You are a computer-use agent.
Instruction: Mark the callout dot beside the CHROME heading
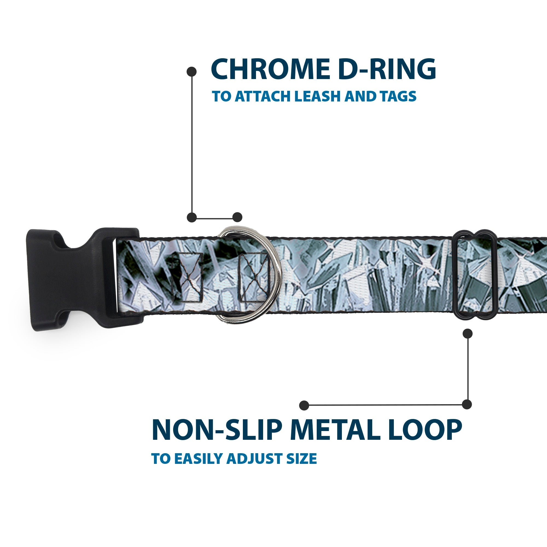point(192,71)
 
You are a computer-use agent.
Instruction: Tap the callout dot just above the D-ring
point(237,217)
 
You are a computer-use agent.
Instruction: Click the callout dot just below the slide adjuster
point(467,333)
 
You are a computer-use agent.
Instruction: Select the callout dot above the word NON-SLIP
point(304,405)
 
